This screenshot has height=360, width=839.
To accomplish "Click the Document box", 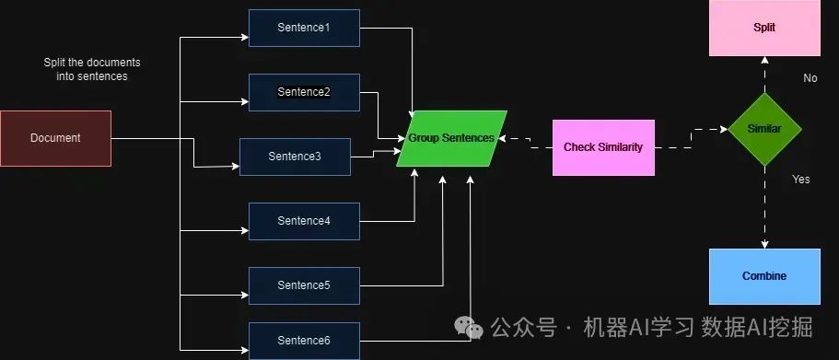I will (55, 138).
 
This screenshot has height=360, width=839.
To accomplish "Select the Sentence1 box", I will (304, 28).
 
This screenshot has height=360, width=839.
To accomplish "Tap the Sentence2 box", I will (304, 92).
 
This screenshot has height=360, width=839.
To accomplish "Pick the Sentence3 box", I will (295, 157).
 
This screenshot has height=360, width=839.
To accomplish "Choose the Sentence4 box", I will (304, 221).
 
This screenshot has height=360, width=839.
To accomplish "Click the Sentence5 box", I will (304, 285).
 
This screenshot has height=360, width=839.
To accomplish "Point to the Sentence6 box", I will (304, 341).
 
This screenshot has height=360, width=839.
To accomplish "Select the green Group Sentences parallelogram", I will (451, 138).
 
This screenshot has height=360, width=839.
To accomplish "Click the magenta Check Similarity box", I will (603, 147).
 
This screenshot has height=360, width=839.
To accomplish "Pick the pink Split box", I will (763, 28).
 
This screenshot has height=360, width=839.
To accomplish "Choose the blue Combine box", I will (763, 276).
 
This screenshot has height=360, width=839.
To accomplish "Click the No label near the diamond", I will (810, 78).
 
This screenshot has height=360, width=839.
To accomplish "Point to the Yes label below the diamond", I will (801, 180).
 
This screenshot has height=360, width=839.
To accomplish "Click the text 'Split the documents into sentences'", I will (86, 69).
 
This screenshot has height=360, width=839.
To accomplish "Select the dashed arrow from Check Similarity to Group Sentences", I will (530, 141).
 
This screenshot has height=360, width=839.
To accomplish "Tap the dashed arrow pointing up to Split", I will (763, 74).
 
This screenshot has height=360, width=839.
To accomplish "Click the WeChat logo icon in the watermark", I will (471, 329).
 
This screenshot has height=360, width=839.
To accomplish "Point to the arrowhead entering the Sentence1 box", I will (244, 38).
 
